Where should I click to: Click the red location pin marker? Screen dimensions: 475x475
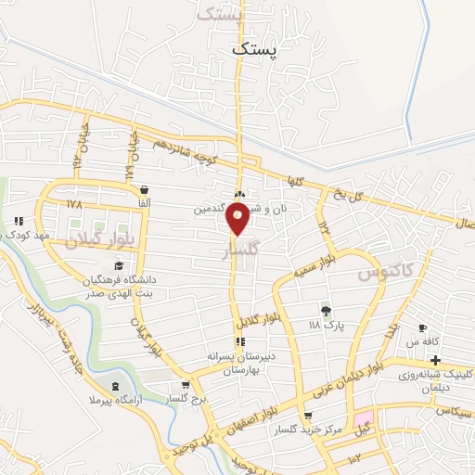click(x=238, y=218)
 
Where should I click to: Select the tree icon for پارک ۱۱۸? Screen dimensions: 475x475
click(x=326, y=311)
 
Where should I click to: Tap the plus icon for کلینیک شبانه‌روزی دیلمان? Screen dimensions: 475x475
click(x=435, y=360)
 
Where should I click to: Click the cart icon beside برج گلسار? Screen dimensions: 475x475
click(x=186, y=384)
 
